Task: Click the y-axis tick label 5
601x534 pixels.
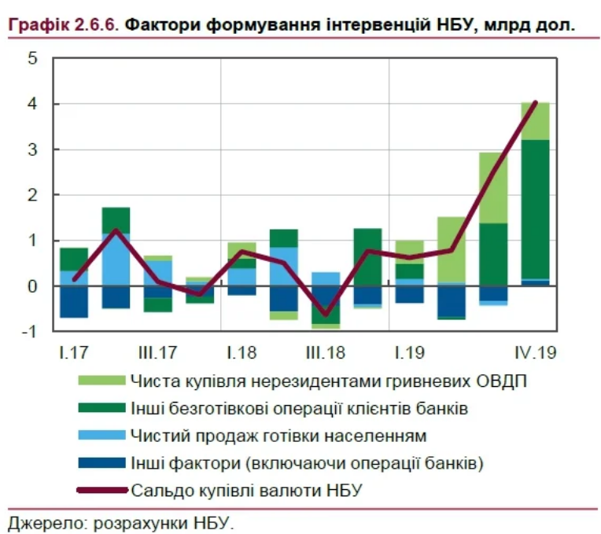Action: coord(32,59)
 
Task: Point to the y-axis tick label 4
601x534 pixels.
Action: coord(32,105)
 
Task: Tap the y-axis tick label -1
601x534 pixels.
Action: coord(29,332)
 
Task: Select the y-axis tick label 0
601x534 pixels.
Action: coord(32,286)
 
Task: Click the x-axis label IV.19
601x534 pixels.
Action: coord(535,352)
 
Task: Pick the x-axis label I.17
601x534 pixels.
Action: coord(72,352)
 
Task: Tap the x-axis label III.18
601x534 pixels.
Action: coord(324,352)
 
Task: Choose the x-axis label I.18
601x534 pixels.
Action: coord(241,352)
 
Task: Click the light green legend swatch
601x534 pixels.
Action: coord(101,381)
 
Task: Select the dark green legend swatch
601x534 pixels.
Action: coord(101,407)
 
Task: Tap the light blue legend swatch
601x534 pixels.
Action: coord(101,435)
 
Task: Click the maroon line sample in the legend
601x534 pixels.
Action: coord(101,490)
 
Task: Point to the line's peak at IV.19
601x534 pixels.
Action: coord(536,102)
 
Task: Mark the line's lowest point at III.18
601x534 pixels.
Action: coord(326,314)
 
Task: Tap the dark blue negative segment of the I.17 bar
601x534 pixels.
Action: coord(74,302)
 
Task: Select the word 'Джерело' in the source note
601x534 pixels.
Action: coord(43,523)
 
